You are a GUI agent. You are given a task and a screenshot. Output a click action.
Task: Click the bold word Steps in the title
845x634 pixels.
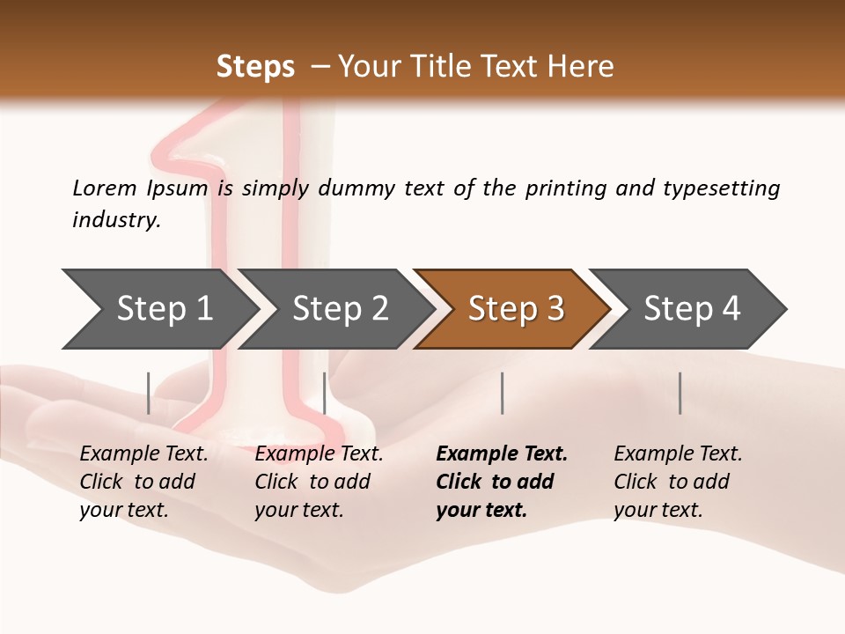coord(255,67)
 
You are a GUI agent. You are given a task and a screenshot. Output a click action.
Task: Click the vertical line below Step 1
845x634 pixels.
coord(149,393)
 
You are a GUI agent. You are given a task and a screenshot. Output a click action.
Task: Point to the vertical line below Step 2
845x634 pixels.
coord(325,393)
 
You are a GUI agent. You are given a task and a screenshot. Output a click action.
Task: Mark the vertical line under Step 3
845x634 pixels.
coord(503,393)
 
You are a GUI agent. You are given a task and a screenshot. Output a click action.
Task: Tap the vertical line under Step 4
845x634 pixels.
coord(680,393)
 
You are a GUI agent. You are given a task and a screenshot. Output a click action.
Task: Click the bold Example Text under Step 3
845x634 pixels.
coord(502,482)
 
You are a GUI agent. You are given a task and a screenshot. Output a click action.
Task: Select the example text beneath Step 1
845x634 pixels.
coord(143,482)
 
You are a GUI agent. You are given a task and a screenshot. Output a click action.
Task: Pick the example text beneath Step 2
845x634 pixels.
coord(319,482)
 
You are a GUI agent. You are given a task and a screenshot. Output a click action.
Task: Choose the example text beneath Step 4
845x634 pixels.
coord(678,482)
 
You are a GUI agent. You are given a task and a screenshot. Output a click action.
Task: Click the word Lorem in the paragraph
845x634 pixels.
coord(104,188)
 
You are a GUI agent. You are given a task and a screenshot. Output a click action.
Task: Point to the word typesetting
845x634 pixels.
coord(721,188)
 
